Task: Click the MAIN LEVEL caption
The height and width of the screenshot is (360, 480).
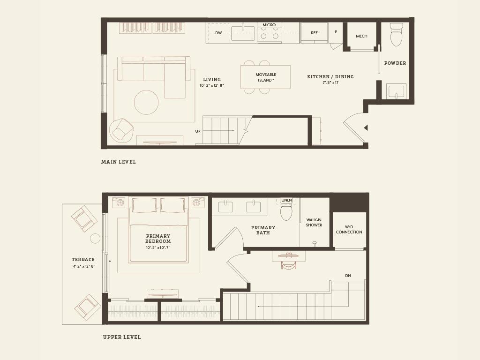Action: click(119, 162)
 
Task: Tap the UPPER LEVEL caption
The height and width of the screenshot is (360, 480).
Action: click(122, 337)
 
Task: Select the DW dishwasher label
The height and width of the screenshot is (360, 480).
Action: click(218, 33)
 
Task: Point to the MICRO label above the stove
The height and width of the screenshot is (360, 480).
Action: click(269, 25)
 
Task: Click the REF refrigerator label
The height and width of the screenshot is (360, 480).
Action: click(315, 33)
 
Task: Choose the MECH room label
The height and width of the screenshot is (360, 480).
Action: click(361, 36)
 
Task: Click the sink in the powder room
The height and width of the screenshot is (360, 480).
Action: click(396, 91)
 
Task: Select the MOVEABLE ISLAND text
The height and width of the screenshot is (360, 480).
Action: click(266, 77)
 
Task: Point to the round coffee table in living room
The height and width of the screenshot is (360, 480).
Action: click(146, 102)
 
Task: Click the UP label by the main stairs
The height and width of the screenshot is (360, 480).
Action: click(198, 131)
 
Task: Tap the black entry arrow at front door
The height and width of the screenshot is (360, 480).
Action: click(366, 127)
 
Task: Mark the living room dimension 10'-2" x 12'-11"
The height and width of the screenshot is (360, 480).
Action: click(212, 86)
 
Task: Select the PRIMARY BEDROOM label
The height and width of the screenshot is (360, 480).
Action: click(158, 239)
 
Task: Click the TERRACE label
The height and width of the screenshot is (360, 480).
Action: click(83, 260)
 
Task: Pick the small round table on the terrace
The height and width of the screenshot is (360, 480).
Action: click(95, 239)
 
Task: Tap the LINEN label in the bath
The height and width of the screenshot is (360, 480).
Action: click(286, 200)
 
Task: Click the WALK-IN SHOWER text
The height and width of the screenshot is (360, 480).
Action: click(314, 222)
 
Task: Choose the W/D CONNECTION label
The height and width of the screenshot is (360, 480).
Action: click(349, 230)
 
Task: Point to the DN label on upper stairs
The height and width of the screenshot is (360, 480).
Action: click(348, 276)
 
